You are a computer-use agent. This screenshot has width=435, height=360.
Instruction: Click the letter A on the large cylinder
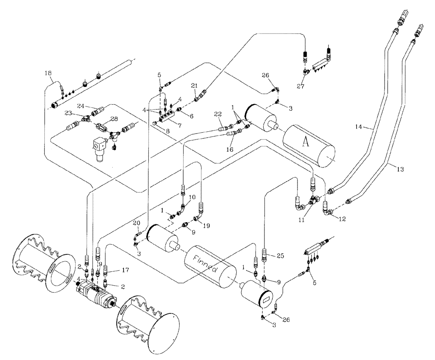tap(305, 144)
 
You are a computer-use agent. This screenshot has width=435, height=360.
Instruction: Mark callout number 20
tap(136, 223)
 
